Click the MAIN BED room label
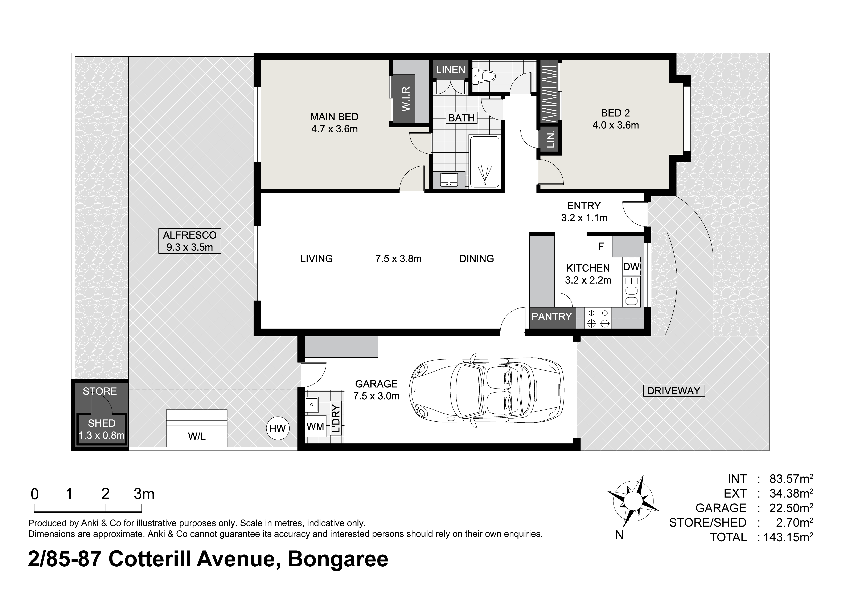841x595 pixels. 334,117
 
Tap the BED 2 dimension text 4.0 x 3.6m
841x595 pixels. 615,125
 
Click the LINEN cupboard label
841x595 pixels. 451,70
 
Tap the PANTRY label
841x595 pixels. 552,316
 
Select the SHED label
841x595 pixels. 102,423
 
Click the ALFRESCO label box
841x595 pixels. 190,241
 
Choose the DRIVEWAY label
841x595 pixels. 674,391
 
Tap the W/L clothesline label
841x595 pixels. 197,436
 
